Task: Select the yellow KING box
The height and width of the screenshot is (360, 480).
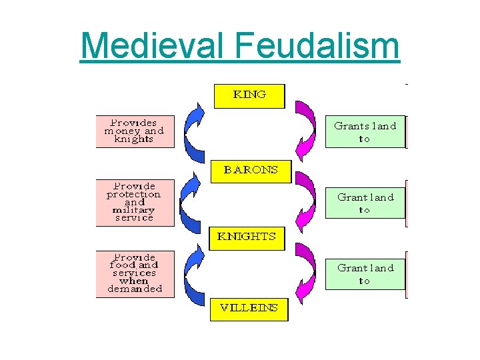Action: point(249,95)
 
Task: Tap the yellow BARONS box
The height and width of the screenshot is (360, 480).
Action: point(250,170)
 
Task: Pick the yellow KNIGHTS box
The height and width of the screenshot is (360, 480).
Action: point(247,237)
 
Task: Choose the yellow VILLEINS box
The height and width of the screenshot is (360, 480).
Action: point(249,309)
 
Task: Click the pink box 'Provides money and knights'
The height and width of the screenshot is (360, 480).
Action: point(134,131)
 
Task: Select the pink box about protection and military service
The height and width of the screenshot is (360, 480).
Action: point(134,201)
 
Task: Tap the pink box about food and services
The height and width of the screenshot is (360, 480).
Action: point(134,273)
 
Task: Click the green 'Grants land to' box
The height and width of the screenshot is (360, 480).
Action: point(365,132)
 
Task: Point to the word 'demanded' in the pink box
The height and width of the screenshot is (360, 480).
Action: point(135,289)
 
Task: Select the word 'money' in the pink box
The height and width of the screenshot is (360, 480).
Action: point(123,131)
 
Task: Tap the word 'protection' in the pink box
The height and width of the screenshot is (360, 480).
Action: point(133,194)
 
